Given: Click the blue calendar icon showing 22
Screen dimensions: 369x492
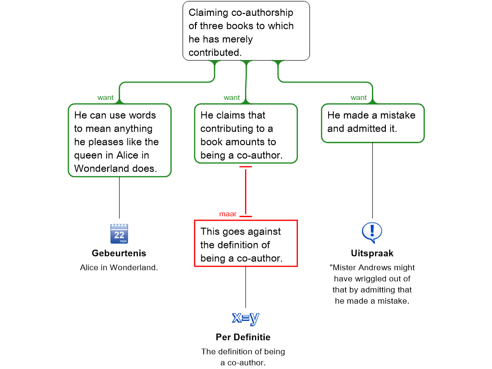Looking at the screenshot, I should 119,233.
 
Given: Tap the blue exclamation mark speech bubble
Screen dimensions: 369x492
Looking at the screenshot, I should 372,232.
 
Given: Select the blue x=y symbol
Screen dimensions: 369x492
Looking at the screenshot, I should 246,317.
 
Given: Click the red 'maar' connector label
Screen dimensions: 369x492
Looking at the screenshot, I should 228,214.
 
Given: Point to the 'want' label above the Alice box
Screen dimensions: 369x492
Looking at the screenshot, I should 105,98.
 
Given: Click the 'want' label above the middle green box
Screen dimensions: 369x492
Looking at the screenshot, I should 232,98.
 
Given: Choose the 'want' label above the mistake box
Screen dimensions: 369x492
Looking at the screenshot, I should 358,98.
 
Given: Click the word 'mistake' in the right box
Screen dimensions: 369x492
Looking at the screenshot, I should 398,115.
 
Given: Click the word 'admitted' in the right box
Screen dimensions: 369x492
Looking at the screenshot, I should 367,129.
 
